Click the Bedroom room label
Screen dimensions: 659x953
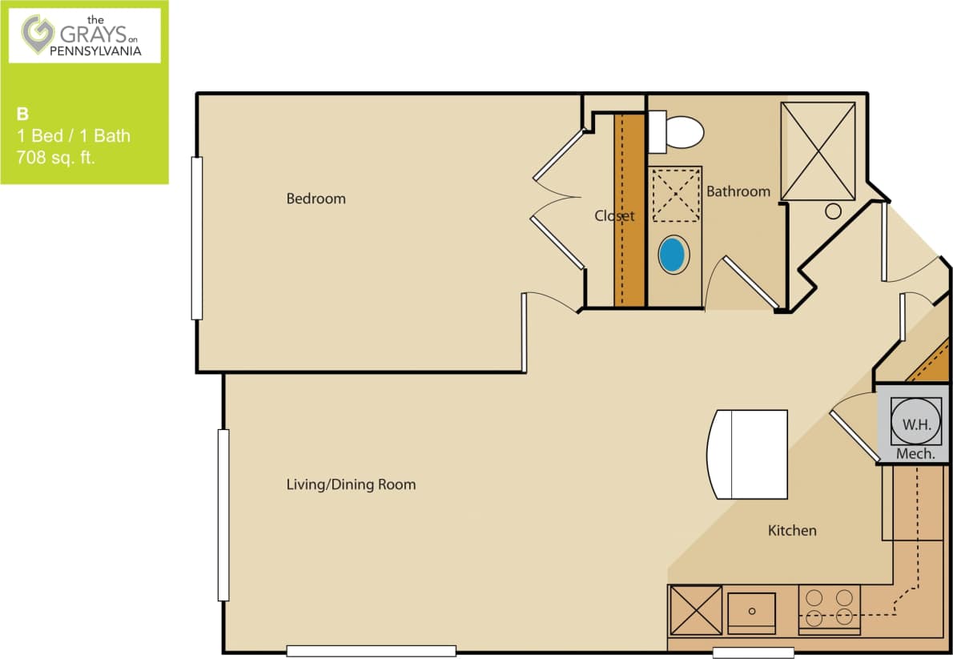(316, 199)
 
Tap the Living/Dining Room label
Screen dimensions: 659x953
(351, 484)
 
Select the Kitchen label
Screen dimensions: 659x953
(792, 530)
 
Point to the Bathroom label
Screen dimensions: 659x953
(738, 191)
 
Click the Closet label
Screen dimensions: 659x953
(614, 215)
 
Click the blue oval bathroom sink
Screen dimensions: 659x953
(673, 255)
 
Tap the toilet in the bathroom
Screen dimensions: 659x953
(678, 132)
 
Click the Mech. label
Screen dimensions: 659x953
(915, 453)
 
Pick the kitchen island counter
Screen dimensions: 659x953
(749, 454)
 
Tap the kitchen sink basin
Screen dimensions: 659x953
(751, 613)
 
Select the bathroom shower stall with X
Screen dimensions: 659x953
(818, 151)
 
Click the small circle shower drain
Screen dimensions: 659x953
(834, 211)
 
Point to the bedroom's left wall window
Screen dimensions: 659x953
(196, 238)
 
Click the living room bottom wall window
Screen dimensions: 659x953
(371, 651)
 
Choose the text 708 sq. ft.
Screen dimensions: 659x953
(56, 158)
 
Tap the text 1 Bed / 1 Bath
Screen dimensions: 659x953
(74, 136)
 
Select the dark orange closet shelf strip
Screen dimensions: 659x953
(630, 210)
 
